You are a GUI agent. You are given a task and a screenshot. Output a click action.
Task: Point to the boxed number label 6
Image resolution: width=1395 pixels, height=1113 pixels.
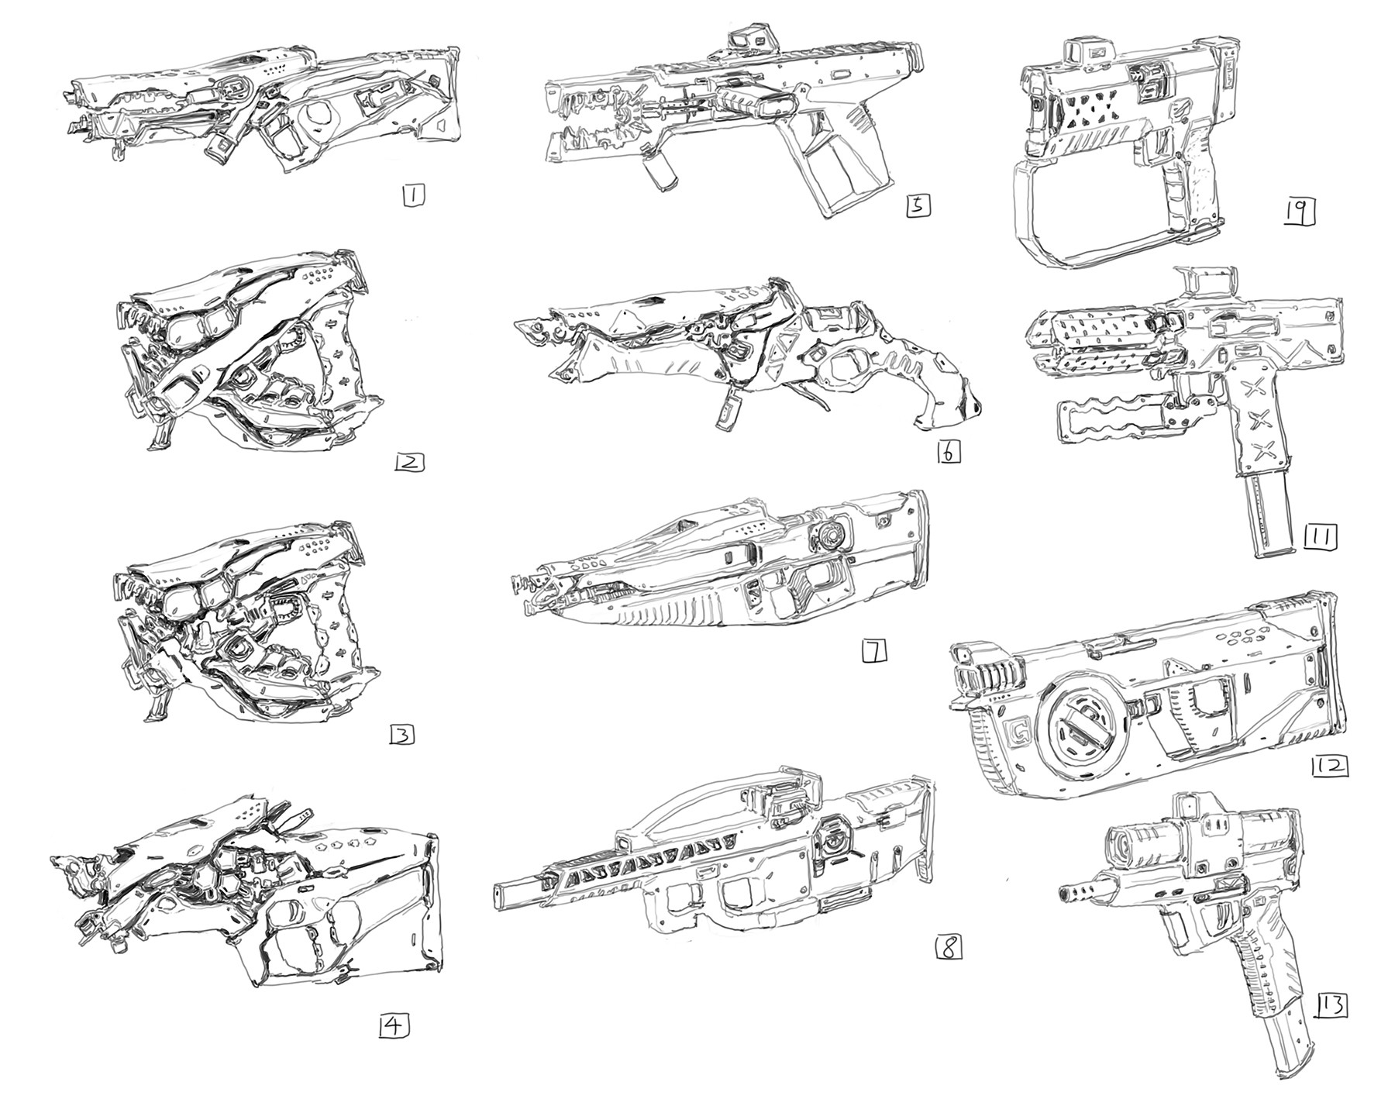click(x=948, y=452)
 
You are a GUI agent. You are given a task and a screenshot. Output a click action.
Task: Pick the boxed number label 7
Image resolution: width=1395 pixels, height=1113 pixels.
click(x=873, y=653)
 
